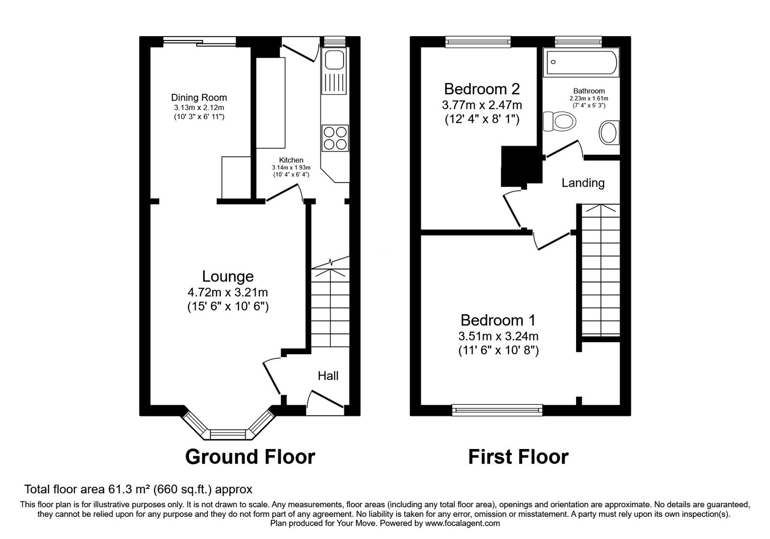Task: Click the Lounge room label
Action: pos(228,276)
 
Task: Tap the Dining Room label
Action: pos(199,98)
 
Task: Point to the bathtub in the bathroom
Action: pos(581,63)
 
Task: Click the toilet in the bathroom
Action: pos(559,121)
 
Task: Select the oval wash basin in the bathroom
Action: pos(609,132)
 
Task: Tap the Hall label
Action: pos(328,375)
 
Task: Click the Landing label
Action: pos(583,183)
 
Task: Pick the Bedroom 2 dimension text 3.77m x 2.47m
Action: pos(482,104)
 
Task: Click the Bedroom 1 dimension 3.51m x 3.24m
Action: pos(498,336)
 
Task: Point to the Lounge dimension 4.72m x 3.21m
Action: pos(228,292)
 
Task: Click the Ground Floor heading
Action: pos(250,456)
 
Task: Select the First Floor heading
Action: pos(518,456)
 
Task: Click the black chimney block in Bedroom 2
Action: pos(521,166)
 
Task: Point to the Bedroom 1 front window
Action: pos(497,410)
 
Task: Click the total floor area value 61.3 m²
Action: pos(128,489)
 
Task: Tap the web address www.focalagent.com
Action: pos(462,523)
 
